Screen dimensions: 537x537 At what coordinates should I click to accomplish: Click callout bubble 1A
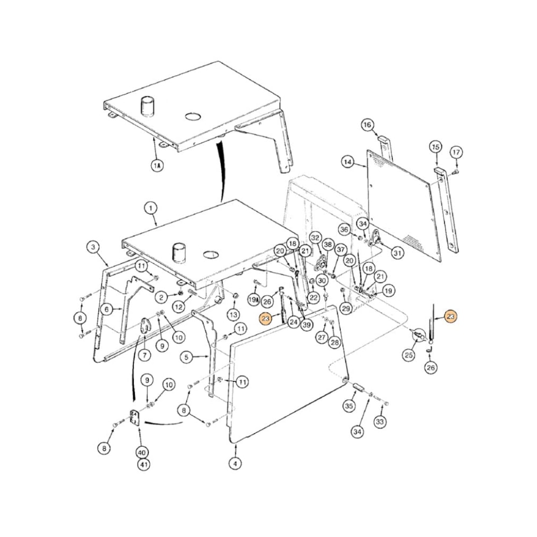157,166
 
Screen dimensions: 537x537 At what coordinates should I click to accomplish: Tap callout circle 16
367,125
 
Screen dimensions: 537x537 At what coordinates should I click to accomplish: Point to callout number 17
455,152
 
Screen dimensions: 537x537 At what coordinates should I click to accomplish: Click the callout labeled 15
436,147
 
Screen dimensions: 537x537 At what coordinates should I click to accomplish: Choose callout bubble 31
397,252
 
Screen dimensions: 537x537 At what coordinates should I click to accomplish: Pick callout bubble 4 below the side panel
235,463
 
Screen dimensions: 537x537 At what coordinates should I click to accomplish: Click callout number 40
143,452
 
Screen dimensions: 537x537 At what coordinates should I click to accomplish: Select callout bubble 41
143,465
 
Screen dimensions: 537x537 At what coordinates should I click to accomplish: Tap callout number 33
380,422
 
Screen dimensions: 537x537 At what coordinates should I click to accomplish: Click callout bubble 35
349,406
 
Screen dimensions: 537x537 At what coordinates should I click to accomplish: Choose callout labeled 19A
254,299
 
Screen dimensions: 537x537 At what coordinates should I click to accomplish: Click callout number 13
233,314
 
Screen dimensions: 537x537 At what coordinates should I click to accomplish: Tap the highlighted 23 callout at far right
451,317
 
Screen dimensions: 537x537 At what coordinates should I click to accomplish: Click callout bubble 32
315,237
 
